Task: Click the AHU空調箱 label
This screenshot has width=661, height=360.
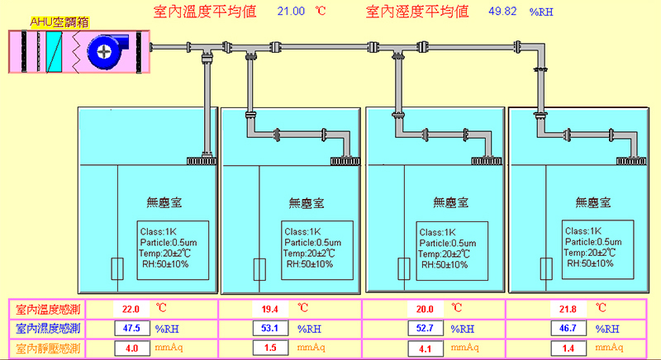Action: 59,21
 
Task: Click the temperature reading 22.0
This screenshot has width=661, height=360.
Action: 131,309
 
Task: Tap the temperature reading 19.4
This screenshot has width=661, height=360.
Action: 269,309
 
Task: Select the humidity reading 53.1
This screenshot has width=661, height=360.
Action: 269,329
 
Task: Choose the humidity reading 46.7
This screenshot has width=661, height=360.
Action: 566,329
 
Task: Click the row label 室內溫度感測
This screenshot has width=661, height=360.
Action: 48,309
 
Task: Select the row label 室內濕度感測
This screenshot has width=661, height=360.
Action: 48,329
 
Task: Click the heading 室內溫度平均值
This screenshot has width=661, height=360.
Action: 205,12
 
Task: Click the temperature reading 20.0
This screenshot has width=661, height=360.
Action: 424,309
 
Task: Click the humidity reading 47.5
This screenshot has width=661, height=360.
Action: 131,329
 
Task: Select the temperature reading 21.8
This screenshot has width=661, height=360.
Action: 566,309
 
